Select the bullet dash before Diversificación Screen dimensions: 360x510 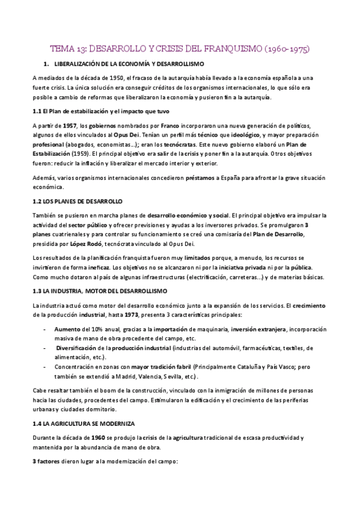[47, 348]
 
